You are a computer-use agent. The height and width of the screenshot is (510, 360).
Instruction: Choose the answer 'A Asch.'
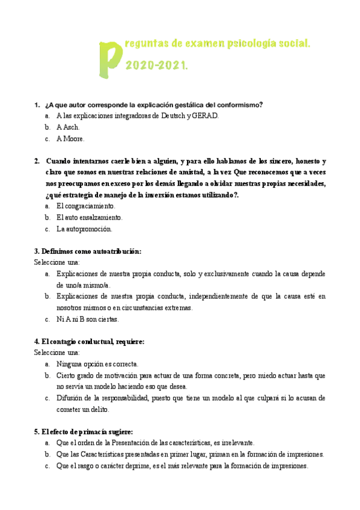68,127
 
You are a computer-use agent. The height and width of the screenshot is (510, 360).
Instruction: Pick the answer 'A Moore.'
71,138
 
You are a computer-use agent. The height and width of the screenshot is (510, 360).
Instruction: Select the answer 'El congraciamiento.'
85,206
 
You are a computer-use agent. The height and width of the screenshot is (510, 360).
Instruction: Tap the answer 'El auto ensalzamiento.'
89,217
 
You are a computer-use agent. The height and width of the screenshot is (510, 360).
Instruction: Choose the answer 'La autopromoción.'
84,229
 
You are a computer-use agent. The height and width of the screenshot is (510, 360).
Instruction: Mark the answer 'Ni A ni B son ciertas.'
88,319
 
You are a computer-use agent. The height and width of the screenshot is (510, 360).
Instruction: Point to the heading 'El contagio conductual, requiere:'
89,342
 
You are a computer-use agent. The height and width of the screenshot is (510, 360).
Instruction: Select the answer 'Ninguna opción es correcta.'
97,364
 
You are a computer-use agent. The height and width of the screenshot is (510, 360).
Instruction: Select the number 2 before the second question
37,161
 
